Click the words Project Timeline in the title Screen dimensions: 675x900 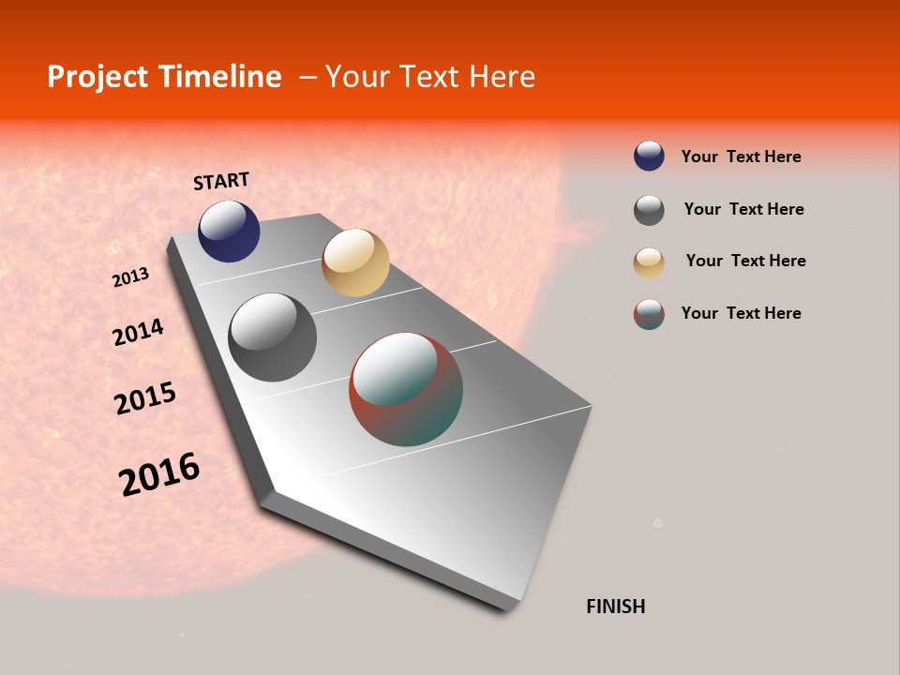pyautogui.click(x=164, y=77)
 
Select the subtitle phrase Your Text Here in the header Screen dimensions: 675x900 pyautogui.click(x=430, y=77)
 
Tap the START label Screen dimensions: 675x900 pyautogui.click(x=221, y=181)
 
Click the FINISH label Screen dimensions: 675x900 pyautogui.click(x=615, y=607)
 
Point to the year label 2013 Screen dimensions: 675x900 pyautogui.click(x=130, y=277)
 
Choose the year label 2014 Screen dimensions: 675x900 pyautogui.click(x=138, y=332)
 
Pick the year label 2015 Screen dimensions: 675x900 pyautogui.click(x=145, y=398)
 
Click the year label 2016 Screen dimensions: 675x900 pyautogui.click(x=159, y=473)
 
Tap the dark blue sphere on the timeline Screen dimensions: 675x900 pyautogui.click(x=229, y=232)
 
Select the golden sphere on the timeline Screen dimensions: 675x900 pyautogui.click(x=355, y=262)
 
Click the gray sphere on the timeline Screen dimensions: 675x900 pyautogui.click(x=273, y=337)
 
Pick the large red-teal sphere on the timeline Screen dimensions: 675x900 pyautogui.click(x=406, y=389)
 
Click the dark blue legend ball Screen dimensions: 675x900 pyautogui.click(x=649, y=156)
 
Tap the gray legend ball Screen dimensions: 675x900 pyautogui.click(x=649, y=210)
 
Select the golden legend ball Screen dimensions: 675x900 pyautogui.click(x=649, y=262)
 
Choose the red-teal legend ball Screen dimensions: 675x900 pyautogui.click(x=649, y=314)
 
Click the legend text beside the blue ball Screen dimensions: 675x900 pyautogui.click(x=741, y=157)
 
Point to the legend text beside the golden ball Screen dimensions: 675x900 pyautogui.click(x=745, y=261)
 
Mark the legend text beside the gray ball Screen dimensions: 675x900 pyautogui.click(x=743, y=209)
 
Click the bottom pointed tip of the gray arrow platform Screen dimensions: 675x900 pyautogui.click(x=511, y=607)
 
